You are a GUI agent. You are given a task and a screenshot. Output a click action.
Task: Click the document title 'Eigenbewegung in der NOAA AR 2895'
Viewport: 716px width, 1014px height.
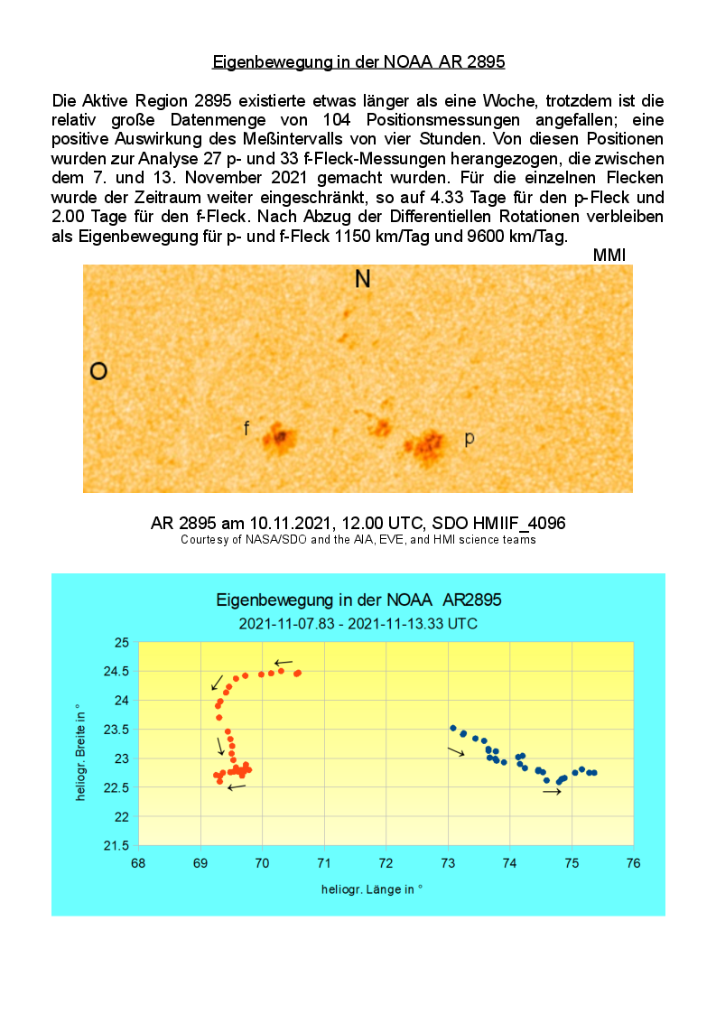358,62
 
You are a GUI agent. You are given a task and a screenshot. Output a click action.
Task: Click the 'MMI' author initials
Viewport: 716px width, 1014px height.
609,256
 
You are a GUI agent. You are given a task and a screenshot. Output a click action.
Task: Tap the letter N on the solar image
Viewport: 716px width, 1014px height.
362,279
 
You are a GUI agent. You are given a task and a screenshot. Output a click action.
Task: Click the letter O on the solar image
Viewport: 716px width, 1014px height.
99,371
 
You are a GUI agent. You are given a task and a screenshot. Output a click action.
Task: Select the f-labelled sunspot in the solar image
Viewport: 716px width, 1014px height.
279,439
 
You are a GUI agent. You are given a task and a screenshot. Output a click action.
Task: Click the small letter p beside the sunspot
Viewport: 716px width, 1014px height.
470,439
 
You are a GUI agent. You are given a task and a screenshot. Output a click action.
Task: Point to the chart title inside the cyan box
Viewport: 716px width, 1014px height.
358,600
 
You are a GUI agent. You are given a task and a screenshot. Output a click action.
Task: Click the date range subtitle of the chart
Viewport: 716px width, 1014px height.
358,624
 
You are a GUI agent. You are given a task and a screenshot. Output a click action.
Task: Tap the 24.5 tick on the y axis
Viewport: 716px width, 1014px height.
119,672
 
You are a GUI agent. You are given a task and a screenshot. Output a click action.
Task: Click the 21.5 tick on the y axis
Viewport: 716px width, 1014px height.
119,846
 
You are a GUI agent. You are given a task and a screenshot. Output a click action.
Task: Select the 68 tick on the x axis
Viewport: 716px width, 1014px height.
138,863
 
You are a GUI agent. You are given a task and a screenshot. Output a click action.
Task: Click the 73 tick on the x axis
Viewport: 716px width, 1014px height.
448,863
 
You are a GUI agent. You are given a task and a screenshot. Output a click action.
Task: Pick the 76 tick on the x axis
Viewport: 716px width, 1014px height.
633,863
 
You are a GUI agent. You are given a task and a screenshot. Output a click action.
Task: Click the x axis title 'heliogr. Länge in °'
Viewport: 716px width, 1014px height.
372,889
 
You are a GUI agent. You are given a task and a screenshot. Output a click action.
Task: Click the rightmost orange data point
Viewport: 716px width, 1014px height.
298,673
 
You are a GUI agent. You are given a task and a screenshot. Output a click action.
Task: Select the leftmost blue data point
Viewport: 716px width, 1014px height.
452,728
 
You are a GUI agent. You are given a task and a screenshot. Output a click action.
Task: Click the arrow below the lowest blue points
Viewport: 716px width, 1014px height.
552,792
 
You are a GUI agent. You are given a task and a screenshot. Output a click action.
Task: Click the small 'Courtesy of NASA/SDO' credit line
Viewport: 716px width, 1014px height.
358,540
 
